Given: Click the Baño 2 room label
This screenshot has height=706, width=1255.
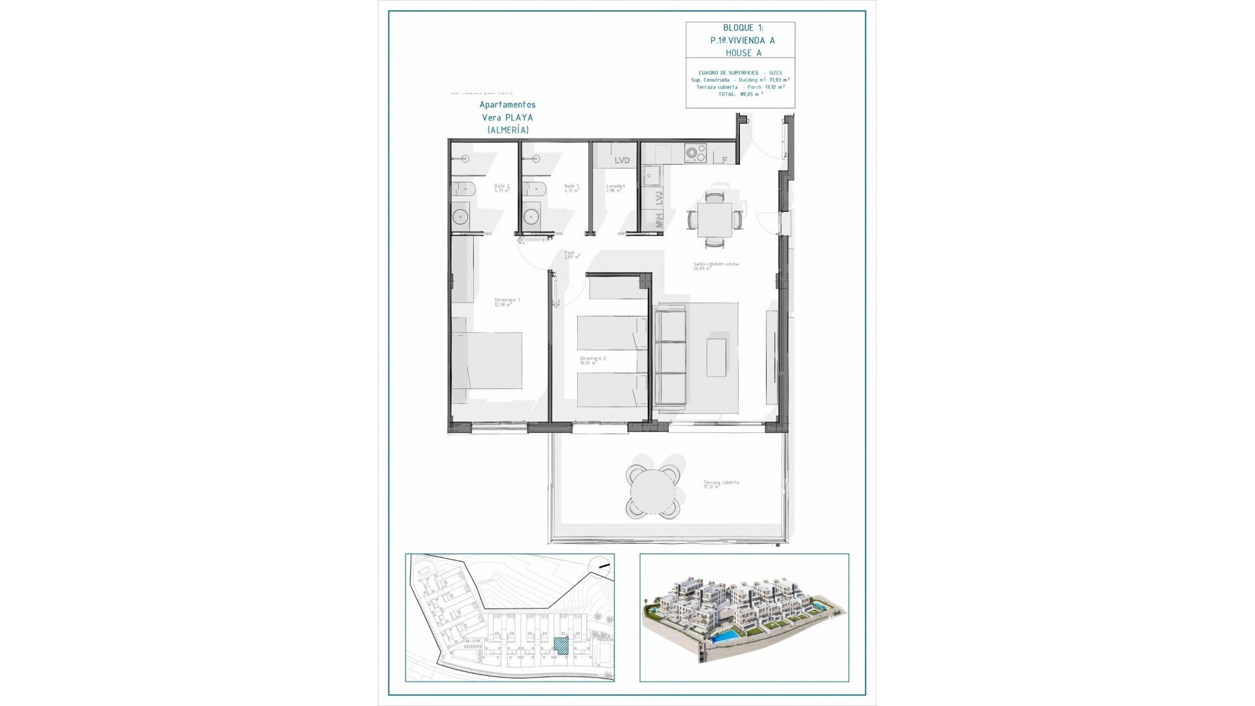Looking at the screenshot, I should pos(501,188).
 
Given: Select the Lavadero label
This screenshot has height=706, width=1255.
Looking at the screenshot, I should pos(615,188).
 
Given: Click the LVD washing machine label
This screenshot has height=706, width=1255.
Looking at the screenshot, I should pos(622,161).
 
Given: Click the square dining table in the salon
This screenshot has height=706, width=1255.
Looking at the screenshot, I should pos(714,220).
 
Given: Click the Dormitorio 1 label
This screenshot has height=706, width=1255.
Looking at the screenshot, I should pos(507,301).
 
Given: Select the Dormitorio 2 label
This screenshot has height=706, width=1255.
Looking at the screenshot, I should pos(593,360).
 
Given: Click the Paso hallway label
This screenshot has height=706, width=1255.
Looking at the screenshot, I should pos(571,254).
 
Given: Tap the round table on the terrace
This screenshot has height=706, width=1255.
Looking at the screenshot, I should pos(652,491).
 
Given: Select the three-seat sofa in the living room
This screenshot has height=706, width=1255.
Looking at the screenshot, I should pos(671,358).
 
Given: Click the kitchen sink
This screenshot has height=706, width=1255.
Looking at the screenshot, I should pos(651,175).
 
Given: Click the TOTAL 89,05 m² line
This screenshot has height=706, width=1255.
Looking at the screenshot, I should pos(741,94).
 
